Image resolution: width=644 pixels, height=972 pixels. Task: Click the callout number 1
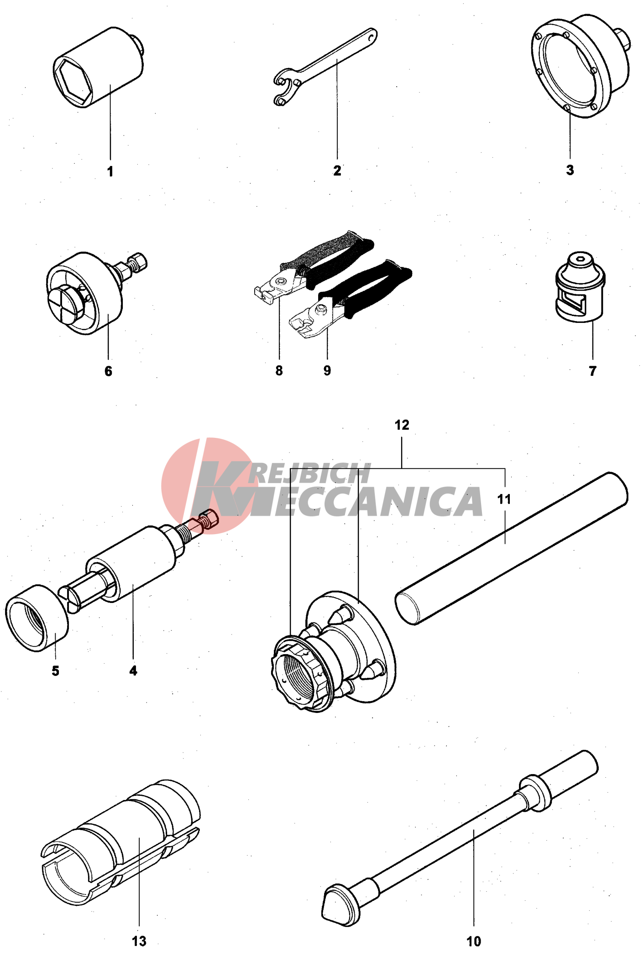110,172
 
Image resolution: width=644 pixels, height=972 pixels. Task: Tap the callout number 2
337,171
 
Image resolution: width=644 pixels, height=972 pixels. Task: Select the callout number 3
570,170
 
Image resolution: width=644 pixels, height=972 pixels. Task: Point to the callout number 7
592,371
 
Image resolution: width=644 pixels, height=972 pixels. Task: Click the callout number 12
402,425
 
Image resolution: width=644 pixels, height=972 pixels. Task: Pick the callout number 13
139,941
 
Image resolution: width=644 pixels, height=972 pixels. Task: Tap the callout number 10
474,941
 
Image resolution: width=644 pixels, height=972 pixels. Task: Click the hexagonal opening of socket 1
74,83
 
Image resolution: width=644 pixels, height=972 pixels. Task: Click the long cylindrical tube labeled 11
511,548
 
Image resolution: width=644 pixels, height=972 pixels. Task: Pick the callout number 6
108,371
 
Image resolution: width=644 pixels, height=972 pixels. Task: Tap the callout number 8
279,371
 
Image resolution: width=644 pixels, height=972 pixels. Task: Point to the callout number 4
133,671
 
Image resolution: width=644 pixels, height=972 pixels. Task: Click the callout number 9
327,370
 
